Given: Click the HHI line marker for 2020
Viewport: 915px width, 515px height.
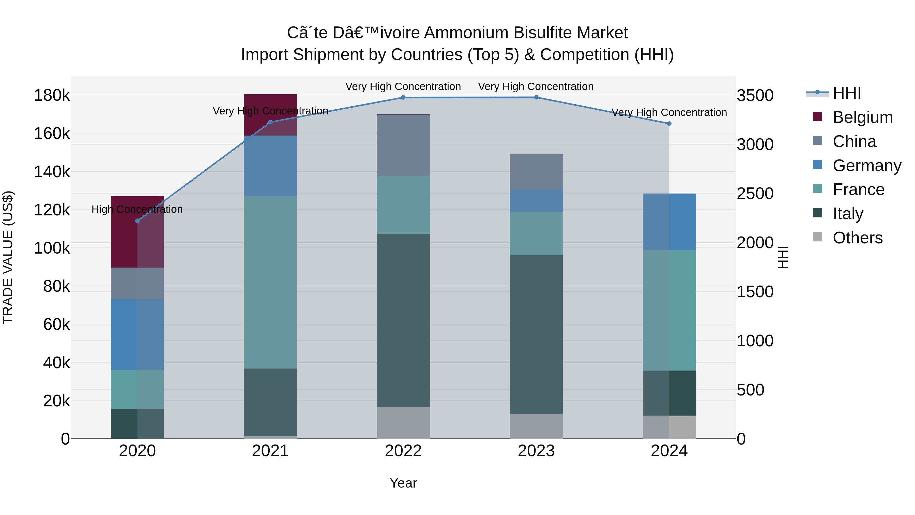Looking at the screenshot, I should click(138, 221).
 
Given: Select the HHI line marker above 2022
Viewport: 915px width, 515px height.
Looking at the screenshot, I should click(403, 97).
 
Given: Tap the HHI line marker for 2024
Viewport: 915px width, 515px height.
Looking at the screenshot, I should click(669, 124).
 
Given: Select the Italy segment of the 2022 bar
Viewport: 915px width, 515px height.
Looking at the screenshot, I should click(403, 320).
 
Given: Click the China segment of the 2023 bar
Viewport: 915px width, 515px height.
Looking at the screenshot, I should click(536, 172).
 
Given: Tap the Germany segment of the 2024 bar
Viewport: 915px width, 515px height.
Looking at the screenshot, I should click(669, 222).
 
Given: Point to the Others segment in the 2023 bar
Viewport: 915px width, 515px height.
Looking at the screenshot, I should click(536, 426).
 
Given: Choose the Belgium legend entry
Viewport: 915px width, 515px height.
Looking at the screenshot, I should click(862, 117).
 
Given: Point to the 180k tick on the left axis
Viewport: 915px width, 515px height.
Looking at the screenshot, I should click(52, 95).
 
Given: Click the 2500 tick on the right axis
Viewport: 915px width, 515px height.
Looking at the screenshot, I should click(755, 194).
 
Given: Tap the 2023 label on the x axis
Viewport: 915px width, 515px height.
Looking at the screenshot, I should click(536, 451).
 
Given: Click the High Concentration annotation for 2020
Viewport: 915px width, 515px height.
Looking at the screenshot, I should click(137, 209).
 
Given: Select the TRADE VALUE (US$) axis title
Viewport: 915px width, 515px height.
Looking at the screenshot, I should click(8, 257).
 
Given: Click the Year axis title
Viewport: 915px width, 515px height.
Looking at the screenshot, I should click(403, 483).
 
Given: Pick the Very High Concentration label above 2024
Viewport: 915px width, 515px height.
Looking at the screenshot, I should click(669, 112).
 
